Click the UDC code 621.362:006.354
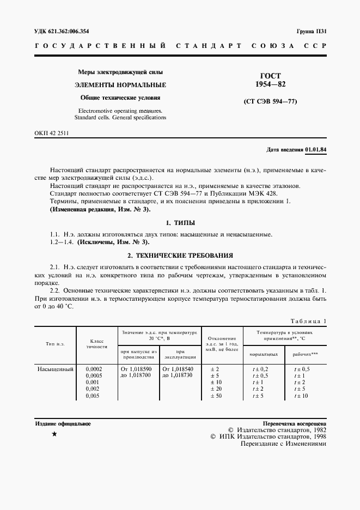point(69,32)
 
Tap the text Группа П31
point(310,32)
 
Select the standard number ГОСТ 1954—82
point(270,80)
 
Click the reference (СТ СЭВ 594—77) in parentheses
point(270,102)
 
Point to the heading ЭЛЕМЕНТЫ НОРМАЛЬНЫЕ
point(120,85)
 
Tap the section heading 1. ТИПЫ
point(180,223)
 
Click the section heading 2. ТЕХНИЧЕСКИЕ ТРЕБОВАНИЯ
point(180,255)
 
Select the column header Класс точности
point(97,344)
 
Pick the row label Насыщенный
point(55,369)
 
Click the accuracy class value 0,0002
point(94,369)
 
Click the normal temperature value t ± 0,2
point(260,369)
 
